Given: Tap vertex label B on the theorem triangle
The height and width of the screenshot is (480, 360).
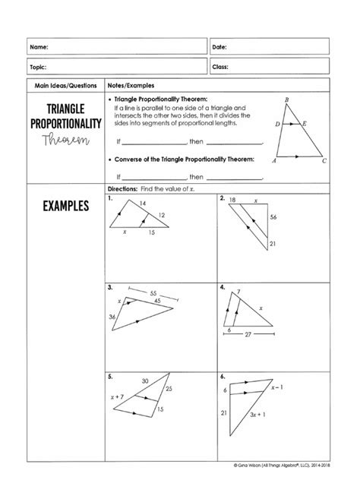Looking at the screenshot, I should click(286, 99).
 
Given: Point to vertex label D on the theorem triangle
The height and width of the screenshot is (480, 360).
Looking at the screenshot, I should click(277, 123).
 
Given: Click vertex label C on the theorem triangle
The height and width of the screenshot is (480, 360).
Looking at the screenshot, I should click(324, 161).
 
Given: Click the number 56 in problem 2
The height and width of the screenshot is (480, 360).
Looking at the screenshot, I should click(274, 217).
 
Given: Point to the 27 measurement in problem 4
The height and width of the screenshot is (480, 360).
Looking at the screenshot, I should click(248, 333).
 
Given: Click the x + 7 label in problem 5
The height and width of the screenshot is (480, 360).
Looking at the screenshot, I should click(116, 396).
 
